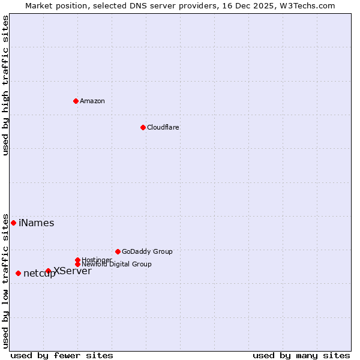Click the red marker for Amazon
tap(76, 101)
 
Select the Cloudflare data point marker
tap(143, 127)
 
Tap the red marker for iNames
tap(13, 223)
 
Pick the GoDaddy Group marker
tap(118, 251)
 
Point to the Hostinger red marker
tap(77, 260)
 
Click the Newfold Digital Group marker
tap(77, 264)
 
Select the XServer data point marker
tap(48, 271)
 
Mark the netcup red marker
tap(18, 273)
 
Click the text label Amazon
tap(92, 101)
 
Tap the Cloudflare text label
tap(163, 127)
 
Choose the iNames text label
tap(37, 223)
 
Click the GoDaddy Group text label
tap(147, 251)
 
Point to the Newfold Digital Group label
tap(117, 265)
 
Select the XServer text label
tap(73, 271)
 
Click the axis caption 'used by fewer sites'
tap(62, 355)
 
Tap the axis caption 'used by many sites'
tap(301, 355)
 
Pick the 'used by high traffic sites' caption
tap(6, 85)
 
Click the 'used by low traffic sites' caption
tap(6, 280)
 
